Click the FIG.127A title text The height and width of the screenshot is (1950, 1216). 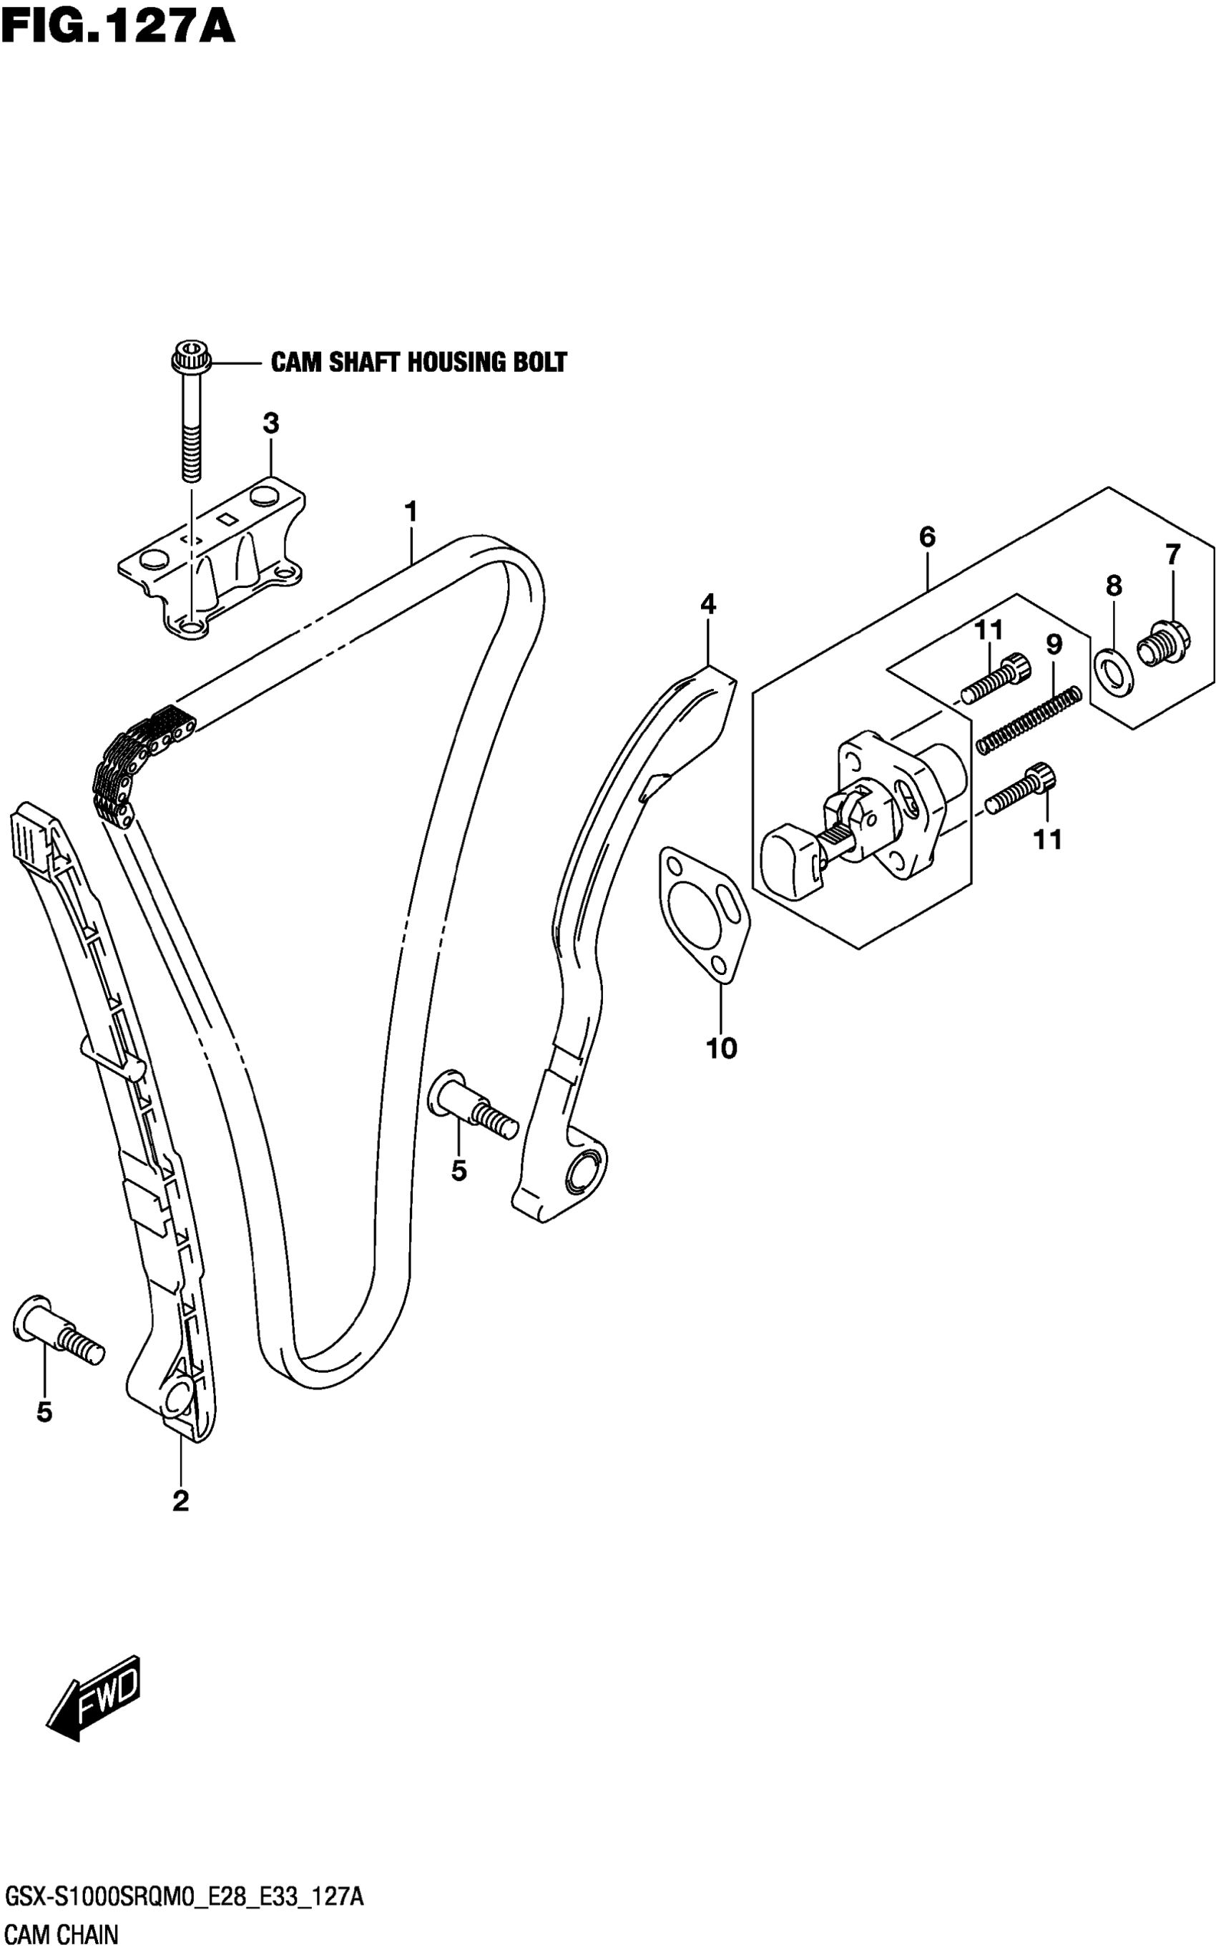point(117,27)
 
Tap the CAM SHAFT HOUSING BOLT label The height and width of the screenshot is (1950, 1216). point(418,363)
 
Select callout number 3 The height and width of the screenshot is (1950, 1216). point(271,423)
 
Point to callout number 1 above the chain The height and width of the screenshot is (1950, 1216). point(411,511)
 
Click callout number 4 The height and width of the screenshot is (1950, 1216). point(707,604)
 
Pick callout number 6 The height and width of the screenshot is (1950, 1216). point(927,537)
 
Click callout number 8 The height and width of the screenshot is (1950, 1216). point(1113,586)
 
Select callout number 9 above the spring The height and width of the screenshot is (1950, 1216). point(1054,644)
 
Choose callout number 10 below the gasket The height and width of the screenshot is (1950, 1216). point(722,1048)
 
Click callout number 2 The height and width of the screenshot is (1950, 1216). point(180,1501)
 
